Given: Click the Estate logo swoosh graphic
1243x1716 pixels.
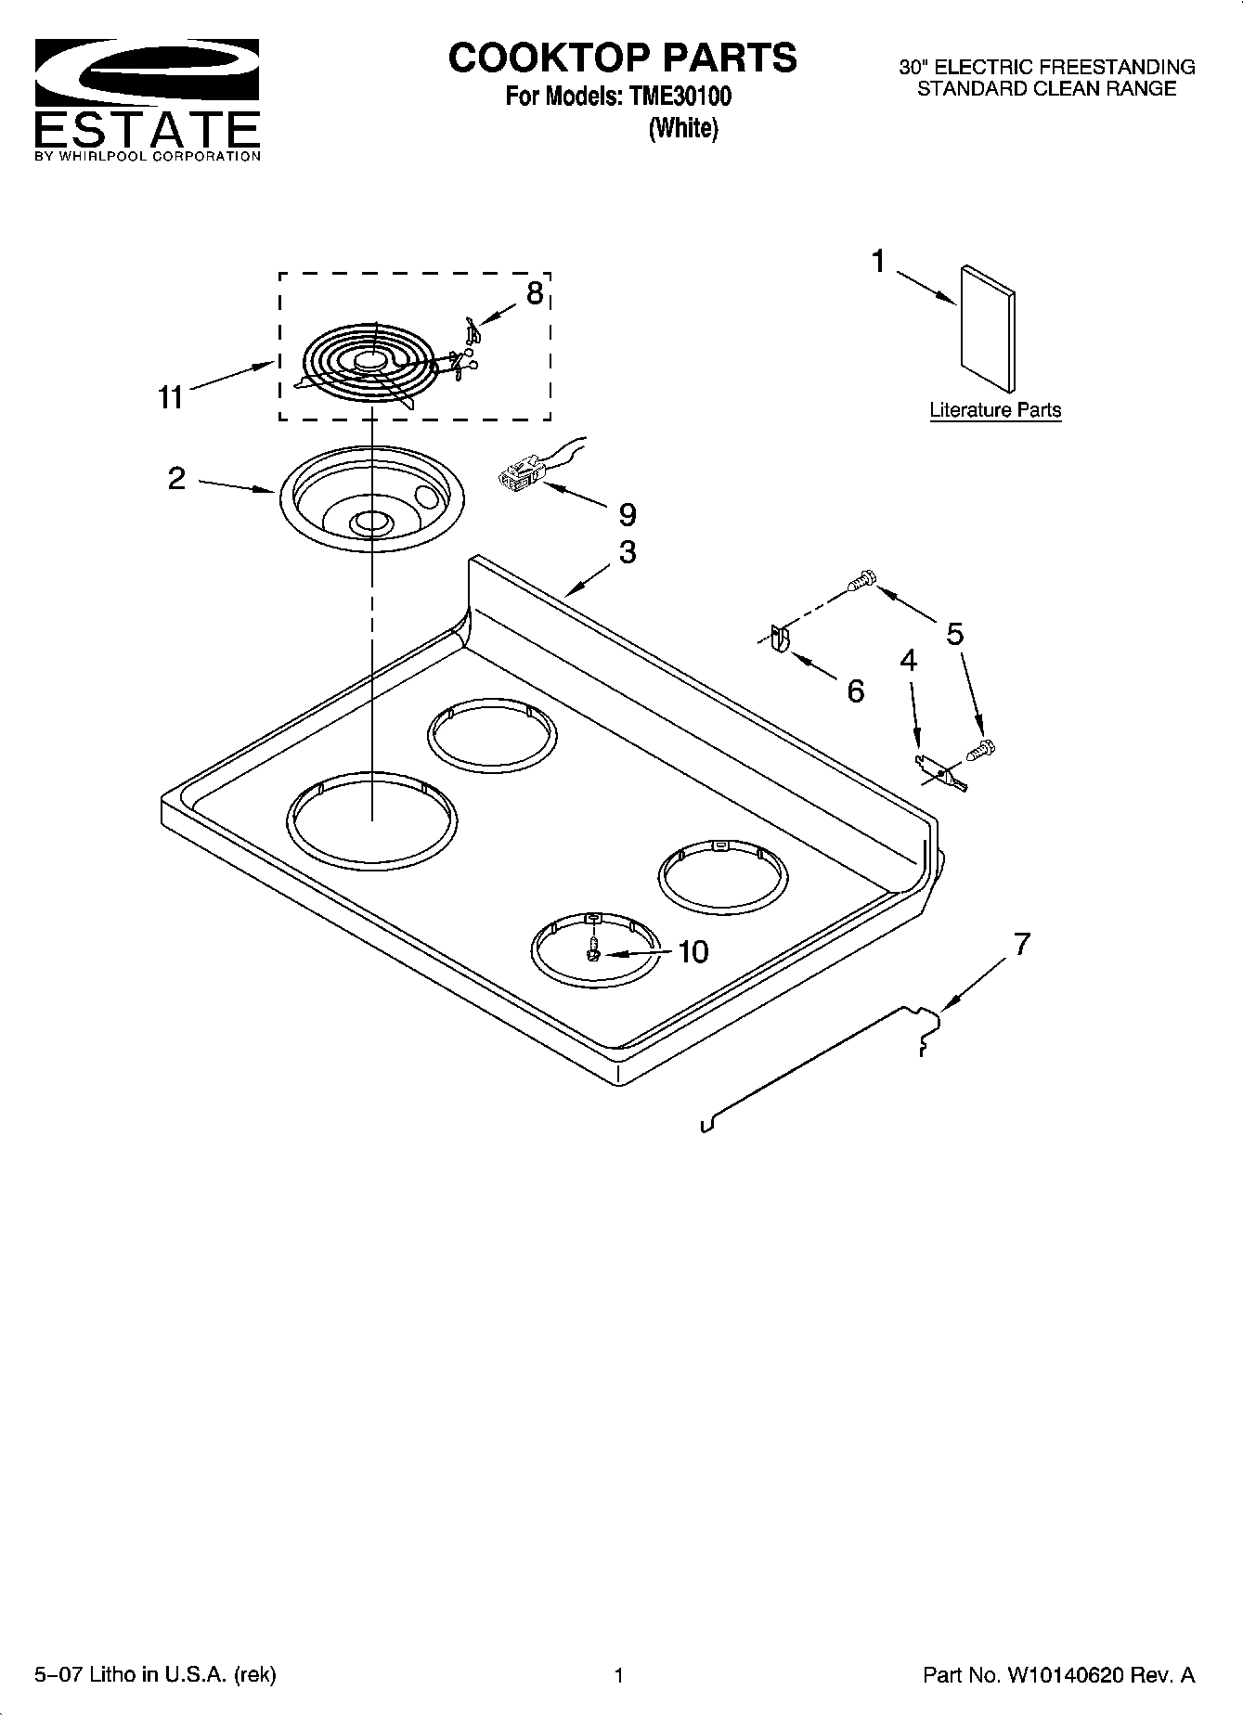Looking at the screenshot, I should point(147,74).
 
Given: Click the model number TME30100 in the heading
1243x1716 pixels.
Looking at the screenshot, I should point(674,97).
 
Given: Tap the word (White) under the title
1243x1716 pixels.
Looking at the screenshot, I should point(682,128).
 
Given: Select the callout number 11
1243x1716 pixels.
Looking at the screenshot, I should point(170,397).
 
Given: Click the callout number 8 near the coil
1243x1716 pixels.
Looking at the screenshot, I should point(535,293).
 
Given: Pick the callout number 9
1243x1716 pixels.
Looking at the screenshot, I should point(628,514).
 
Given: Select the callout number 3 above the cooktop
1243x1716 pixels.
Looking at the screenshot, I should point(628,552).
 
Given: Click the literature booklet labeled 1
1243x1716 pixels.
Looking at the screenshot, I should point(987,329).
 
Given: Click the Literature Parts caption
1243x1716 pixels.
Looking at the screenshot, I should point(995,410).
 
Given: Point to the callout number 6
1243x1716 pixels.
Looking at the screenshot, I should point(855,690).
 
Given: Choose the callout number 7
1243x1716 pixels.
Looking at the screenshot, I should point(1021,945).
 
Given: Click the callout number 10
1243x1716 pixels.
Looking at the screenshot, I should point(693,951).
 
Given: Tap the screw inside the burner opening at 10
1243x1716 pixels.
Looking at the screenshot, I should point(592,951).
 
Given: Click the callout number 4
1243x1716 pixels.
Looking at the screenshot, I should point(908,661).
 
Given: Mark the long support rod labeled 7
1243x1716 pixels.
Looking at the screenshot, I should point(817,1067).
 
